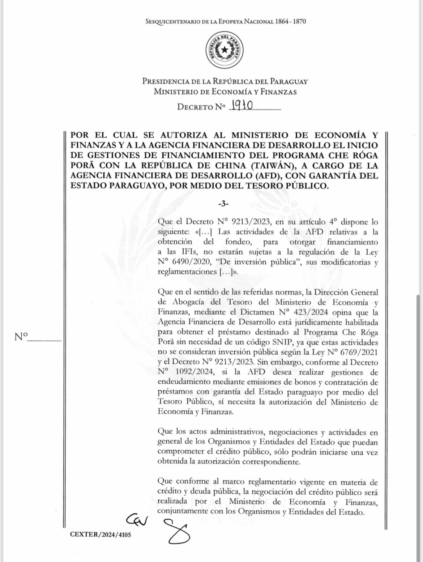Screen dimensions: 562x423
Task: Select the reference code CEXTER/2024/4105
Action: (x=101, y=535)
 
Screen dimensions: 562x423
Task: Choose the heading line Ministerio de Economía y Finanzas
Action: (x=225, y=92)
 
